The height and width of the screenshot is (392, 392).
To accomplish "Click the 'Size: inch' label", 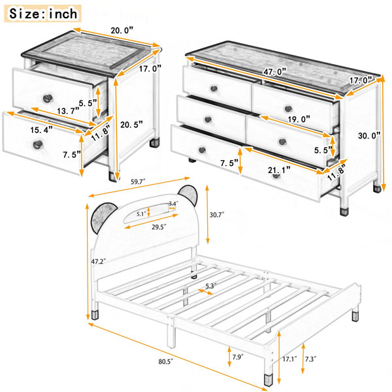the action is tap(42, 14).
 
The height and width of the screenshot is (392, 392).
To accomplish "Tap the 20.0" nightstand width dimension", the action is tap(122, 30).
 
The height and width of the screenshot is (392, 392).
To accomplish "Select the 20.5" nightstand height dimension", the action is tap(131, 124).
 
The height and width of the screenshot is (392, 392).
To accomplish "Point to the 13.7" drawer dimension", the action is tap(68, 110).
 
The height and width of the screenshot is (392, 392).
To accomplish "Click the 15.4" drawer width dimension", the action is tap(42, 130).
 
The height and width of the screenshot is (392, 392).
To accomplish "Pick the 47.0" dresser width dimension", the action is tap(274, 72).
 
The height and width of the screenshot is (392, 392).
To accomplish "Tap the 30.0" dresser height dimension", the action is tap(369, 135).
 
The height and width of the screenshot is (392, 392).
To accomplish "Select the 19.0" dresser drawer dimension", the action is tap(299, 120).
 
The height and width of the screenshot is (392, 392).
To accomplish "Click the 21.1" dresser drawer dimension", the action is tap(279, 171).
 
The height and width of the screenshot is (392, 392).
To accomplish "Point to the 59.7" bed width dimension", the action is tap(138, 182).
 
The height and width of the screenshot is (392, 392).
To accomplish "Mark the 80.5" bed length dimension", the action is tap(166, 361).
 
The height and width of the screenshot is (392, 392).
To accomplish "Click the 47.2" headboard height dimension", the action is tap(99, 261).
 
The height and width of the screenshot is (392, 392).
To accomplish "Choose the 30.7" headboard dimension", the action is tap(217, 214).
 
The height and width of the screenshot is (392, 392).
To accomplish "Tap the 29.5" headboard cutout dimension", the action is tap(159, 227).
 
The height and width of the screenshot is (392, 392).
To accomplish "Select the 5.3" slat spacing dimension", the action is tap(211, 286).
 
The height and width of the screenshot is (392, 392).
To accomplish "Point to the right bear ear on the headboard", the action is tap(189, 195).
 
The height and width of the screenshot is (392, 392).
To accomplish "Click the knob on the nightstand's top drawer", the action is tap(48, 98).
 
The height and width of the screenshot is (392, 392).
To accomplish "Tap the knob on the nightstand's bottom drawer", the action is tap(38, 144).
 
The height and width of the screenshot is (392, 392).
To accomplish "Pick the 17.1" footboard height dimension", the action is tap(289, 359).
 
